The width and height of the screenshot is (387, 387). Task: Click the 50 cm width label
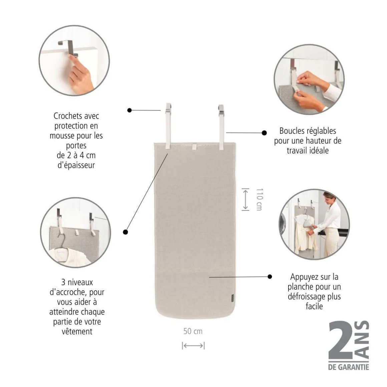click(x=193, y=331)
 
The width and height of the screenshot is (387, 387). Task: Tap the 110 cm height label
click(x=260, y=200)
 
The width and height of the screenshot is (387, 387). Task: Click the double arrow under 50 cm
click(x=193, y=346)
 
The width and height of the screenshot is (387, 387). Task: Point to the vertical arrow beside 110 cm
click(x=245, y=200)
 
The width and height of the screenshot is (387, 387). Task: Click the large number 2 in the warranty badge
click(x=342, y=340)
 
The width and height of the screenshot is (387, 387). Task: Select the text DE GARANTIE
click(x=349, y=367)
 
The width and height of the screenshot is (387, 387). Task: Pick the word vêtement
click(x=77, y=332)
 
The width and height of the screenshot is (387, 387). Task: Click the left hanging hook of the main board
click(x=168, y=107)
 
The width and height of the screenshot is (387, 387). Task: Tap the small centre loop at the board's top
click(x=194, y=146)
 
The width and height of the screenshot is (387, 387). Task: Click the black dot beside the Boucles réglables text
click(x=264, y=133)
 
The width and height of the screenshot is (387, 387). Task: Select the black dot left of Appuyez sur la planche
click(x=270, y=277)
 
